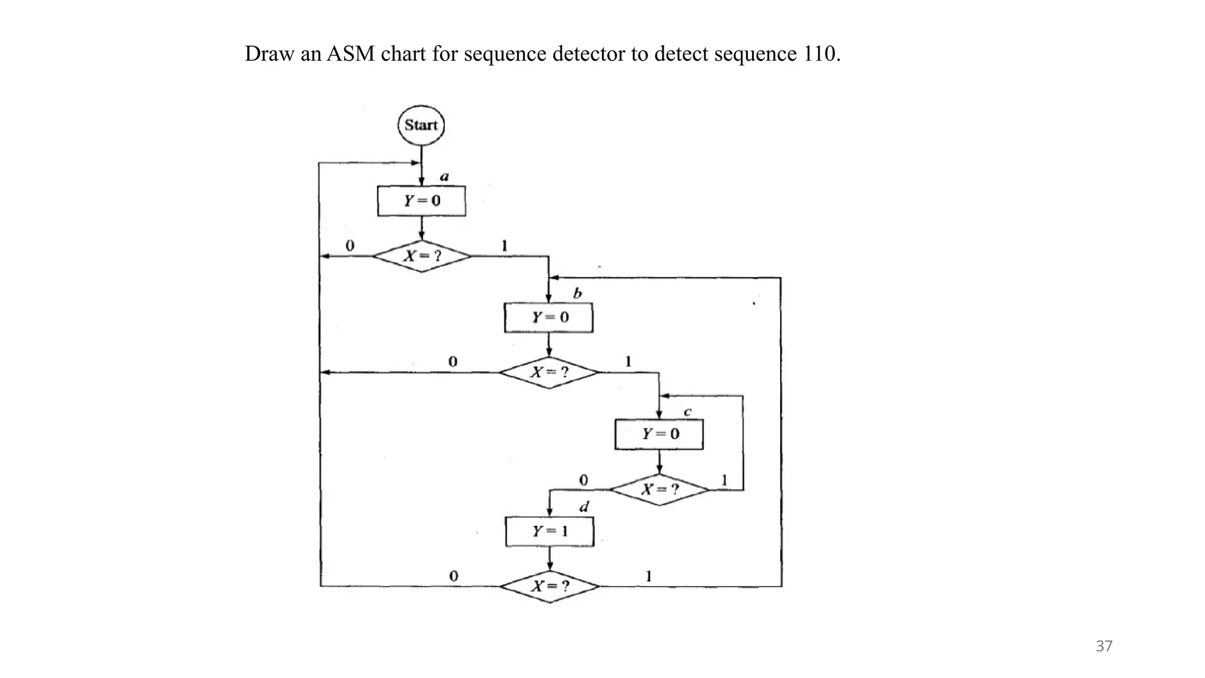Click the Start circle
pos(421,125)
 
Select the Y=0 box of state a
pos(421,201)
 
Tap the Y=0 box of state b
pos(548,317)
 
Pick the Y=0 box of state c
pos(659,434)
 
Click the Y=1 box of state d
pos(550,531)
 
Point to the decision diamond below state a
pos(422,256)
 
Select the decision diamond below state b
pos(549,373)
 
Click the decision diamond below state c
pos(659,489)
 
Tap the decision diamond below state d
pos(550,586)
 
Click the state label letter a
pos(445,176)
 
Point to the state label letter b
pos(577,293)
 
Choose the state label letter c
pos(687,412)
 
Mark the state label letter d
pos(584,507)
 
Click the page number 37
pos(1104,646)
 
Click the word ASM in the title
pos(351,54)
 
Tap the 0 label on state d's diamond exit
pos(454,576)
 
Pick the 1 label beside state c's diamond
pos(724,480)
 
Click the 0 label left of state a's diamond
pos(350,245)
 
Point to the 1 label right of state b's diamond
pos(628,361)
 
